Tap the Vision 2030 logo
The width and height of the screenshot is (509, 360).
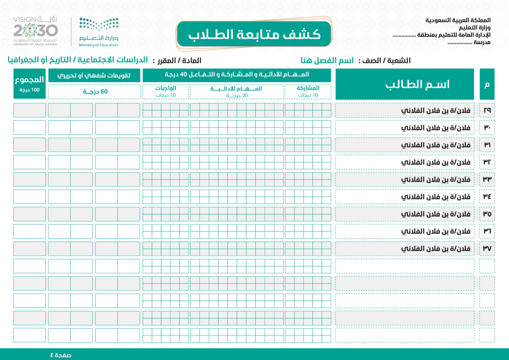tap(36, 31)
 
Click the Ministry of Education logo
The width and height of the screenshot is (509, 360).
tap(99, 31)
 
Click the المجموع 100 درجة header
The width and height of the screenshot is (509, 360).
tap(30, 84)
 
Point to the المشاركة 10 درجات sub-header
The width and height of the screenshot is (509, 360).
tap(308, 91)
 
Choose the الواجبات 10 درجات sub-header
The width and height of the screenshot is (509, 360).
tap(166, 91)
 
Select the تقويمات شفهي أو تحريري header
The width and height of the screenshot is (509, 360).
tap(94, 75)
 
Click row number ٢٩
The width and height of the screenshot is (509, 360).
tap(487, 110)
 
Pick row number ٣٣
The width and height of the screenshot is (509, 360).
tap(487, 179)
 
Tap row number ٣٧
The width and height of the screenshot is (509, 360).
tap(487, 249)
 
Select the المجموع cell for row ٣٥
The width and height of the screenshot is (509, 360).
tap(30, 214)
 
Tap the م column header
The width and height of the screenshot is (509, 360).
tap(487, 84)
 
